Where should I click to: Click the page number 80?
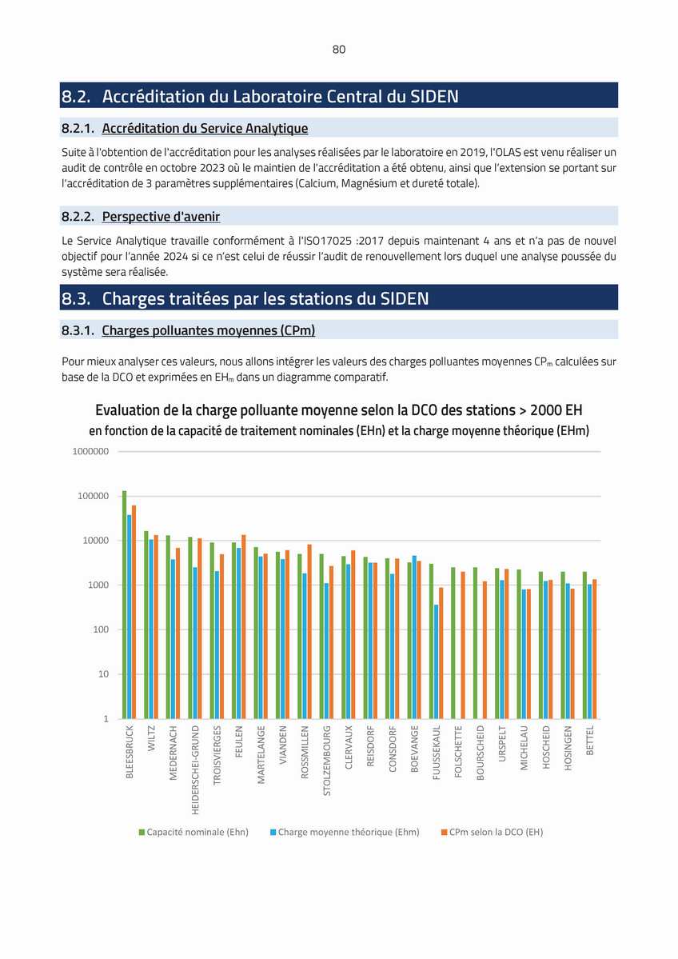339,50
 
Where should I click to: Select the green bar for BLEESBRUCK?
124,604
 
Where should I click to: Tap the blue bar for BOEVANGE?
414,637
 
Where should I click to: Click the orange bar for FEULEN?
243,627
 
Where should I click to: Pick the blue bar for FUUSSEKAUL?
436,661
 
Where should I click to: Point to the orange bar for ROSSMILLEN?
309,631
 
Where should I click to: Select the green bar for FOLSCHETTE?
453,643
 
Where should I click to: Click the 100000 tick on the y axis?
93,496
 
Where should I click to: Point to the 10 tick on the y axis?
103,674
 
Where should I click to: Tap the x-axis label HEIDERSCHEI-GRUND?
196,770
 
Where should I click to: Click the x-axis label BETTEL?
590,740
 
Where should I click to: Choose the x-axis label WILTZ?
152,738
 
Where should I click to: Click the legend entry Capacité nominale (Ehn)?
193,832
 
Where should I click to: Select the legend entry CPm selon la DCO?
493,832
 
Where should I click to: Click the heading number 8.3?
76,298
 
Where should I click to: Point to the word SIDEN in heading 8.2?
434,96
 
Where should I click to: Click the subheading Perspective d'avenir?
161,217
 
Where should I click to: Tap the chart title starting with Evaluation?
339,410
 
